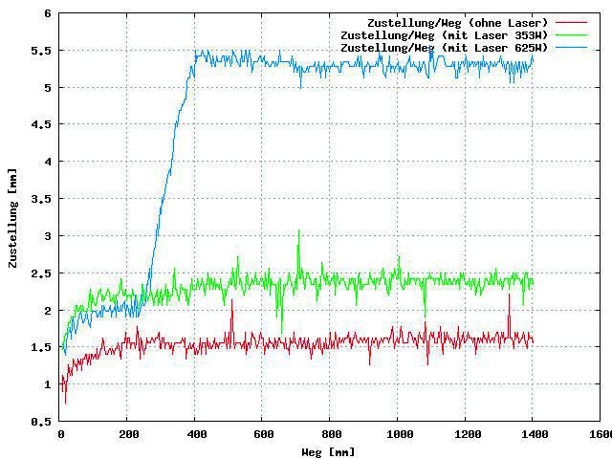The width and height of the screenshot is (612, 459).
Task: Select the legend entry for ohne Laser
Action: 457,23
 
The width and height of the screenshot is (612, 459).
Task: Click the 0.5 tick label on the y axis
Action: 43,421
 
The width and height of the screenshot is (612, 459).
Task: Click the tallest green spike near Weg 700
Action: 299,230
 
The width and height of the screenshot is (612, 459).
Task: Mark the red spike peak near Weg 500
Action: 231,300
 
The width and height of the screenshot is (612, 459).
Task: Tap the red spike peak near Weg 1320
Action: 509,295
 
